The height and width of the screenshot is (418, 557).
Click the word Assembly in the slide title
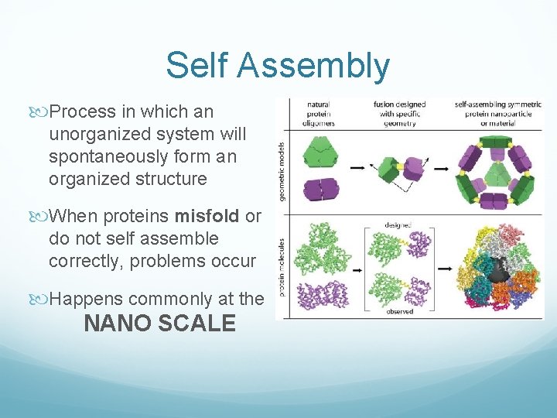313,66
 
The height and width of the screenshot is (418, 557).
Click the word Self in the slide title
197,66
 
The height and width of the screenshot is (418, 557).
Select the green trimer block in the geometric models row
316,150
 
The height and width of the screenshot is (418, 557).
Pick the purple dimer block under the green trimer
316,188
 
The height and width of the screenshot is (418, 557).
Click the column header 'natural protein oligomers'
318,112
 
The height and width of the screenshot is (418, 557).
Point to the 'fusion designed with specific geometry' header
398,112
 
